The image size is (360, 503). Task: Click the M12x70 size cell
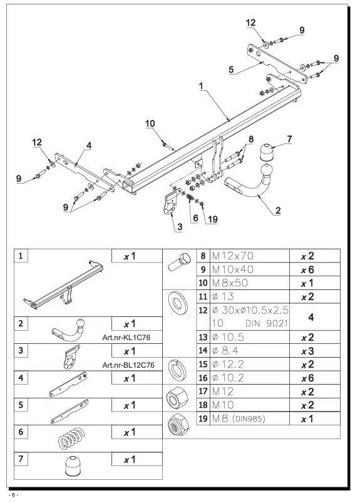[x=233, y=256]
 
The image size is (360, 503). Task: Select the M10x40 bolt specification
[x=233, y=269]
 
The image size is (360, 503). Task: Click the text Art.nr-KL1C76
[x=126, y=338]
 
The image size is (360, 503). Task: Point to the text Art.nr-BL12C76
[x=128, y=365]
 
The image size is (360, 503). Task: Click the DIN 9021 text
[x=267, y=323]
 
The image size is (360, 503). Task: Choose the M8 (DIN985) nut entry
[x=239, y=418]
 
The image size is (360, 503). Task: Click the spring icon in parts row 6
[x=72, y=438]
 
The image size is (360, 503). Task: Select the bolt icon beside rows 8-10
[x=179, y=262]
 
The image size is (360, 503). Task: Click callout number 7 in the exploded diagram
[x=289, y=139]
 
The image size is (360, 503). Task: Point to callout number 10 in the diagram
[x=150, y=123]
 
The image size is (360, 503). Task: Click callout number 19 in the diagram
[x=212, y=219]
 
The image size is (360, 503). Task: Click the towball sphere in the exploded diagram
[x=267, y=170]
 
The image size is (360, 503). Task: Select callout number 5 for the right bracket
[x=231, y=70]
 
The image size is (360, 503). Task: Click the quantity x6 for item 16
[x=307, y=378]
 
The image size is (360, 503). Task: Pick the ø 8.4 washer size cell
[x=225, y=351]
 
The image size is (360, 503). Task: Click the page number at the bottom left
[x=14, y=495]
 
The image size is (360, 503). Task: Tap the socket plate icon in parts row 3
[x=71, y=356]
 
